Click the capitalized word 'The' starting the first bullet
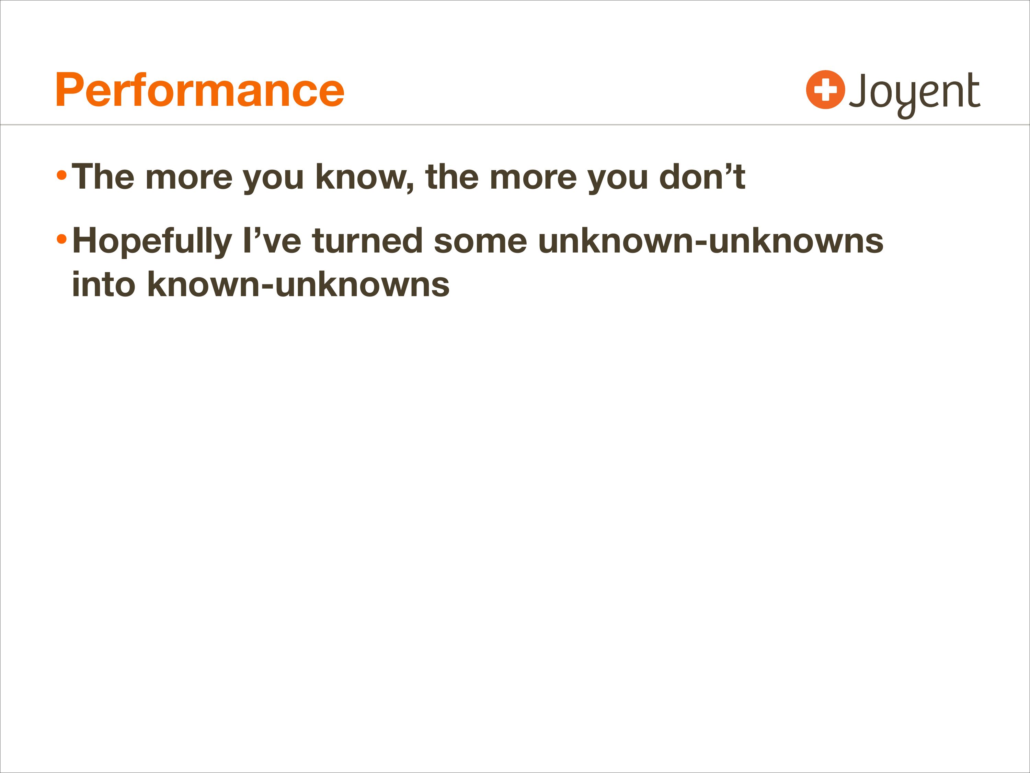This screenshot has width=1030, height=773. click(x=103, y=177)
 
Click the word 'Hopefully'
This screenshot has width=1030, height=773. click(x=152, y=242)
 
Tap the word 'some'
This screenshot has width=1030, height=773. click(x=480, y=244)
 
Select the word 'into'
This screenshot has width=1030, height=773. click(x=104, y=284)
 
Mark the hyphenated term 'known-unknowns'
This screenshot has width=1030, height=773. click(x=298, y=284)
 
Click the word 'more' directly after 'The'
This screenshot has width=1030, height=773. click(x=188, y=179)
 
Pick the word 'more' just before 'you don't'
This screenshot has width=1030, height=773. click(x=533, y=179)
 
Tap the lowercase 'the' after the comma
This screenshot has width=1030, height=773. click(x=452, y=177)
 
